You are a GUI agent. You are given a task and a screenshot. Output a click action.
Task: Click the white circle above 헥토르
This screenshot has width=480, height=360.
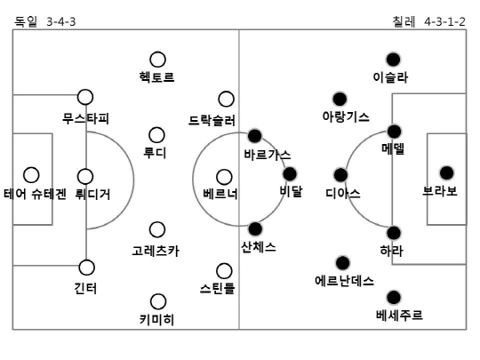[157, 60]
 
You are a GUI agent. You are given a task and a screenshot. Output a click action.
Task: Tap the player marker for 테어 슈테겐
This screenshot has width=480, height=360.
[31, 175]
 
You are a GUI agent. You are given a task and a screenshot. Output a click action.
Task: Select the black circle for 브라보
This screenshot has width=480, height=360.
[446, 173]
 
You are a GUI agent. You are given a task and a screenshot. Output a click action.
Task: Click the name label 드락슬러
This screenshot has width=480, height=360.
[212, 120]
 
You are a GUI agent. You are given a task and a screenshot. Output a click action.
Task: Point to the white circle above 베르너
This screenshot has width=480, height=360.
[224, 177]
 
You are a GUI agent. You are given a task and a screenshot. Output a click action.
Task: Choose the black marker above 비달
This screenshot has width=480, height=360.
[290, 174]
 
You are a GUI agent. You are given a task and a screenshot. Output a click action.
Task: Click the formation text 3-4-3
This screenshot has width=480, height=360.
[61, 21]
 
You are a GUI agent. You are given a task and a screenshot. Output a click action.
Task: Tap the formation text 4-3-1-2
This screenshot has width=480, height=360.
[444, 21]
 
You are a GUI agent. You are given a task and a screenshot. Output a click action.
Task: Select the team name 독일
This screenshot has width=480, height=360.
[26, 21]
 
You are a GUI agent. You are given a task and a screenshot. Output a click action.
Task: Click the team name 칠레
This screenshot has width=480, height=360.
[404, 21]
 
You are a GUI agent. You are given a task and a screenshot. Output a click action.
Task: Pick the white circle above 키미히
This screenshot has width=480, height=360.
[158, 301]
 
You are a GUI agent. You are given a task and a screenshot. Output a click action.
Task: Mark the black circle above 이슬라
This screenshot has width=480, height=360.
[394, 60]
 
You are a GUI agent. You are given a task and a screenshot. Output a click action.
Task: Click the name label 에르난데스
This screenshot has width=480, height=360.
[344, 280]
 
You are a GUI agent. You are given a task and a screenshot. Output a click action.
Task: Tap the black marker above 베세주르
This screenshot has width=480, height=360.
[394, 297]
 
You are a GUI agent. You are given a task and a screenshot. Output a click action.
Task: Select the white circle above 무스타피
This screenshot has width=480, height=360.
[85, 97]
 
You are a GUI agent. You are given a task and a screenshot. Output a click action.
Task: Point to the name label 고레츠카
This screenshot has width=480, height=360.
[156, 251]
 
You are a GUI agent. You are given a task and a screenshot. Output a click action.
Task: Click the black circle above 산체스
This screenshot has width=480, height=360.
[255, 228]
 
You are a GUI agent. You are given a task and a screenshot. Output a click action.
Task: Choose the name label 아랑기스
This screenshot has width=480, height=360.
[346, 116]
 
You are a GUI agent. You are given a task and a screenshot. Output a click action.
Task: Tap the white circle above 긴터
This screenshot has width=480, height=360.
[86, 268]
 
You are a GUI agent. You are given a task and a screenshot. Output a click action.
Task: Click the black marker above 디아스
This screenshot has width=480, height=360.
[340, 175]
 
